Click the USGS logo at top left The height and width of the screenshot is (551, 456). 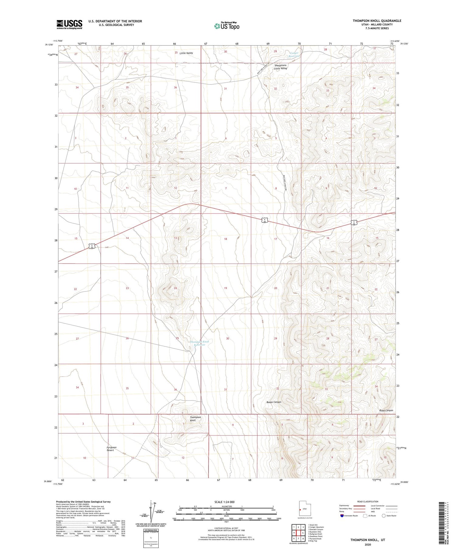click(x=69, y=24)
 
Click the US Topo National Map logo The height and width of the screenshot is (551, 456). click(x=226, y=26)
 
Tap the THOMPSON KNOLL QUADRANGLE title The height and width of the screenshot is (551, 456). click(x=377, y=21)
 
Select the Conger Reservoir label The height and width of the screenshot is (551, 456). click(x=294, y=54)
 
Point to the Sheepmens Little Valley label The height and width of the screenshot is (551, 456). click(x=280, y=67)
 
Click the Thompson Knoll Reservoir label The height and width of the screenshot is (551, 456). click(x=199, y=343)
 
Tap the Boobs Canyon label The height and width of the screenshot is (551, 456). click(x=274, y=402)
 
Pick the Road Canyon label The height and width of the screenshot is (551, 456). click(x=386, y=410)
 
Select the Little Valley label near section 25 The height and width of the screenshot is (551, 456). click(x=186, y=53)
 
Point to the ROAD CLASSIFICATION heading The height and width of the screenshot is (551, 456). click(x=368, y=501)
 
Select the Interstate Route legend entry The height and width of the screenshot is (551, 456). click(x=349, y=516)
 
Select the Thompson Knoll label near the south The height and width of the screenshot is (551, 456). click(x=195, y=418)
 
